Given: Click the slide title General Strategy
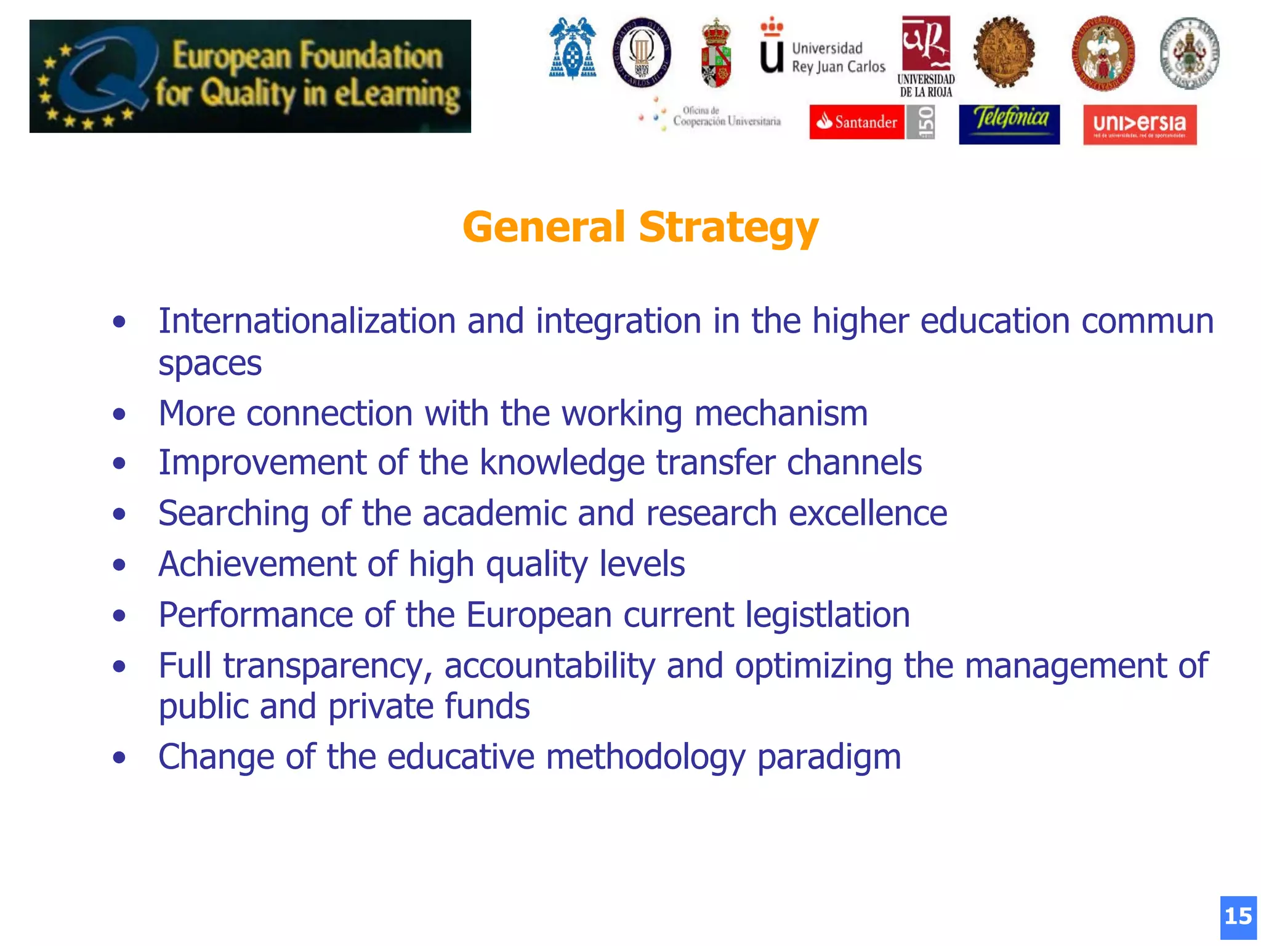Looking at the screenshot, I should [x=640, y=227].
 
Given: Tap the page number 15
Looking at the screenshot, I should [x=1238, y=916].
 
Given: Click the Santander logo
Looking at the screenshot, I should [x=856, y=122].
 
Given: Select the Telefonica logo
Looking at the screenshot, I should [x=1009, y=123].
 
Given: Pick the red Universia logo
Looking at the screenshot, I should [x=1140, y=124].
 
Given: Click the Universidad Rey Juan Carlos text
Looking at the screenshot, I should [x=838, y=57].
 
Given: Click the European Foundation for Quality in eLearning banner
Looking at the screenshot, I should [x=250, y=76].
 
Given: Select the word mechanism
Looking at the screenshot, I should [x=781, y=413].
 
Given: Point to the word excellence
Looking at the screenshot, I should [x=868, y=514].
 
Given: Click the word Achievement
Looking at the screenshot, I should [x=257, y=564].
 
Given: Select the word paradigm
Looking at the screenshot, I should [x=829, y=758].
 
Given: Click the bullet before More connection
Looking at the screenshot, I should [x=119, y=414].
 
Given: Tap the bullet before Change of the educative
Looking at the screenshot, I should [x=119, y=758].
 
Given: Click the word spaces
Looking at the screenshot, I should [x=210, y=363].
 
